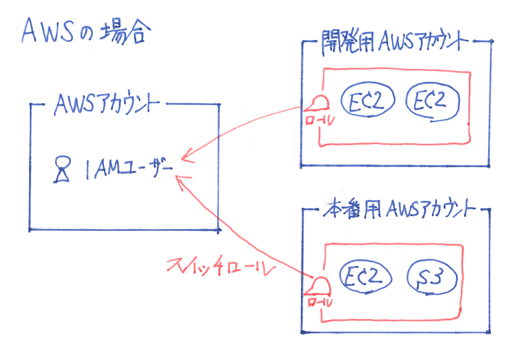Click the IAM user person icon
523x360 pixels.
click(x=61, y=170)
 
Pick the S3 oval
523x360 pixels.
click(x=433, y=278)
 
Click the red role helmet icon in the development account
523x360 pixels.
click(x=318, y=104)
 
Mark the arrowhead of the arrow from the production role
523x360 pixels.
click(x=180, y=183)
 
